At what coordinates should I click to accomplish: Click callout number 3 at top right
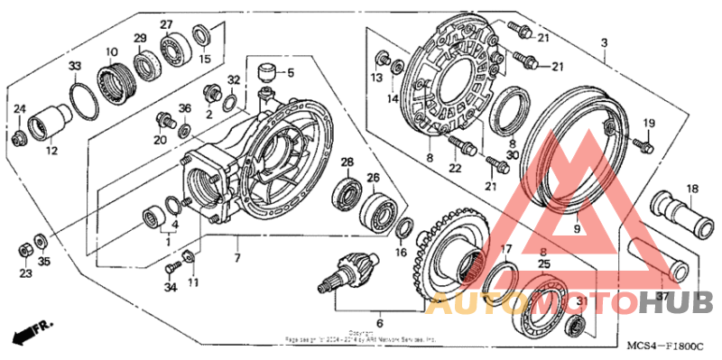[x=604, y=42]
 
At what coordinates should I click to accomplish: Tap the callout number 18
[x=692, y=189]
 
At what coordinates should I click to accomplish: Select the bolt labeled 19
[x=644, y=143]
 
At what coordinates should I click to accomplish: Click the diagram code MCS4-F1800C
[x=666, y=345]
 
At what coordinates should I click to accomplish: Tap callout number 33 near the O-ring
[x=75, y=67]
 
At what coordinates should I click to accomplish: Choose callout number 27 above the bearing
[x=166, y=24]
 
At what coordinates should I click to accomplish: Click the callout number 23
[x=24, y=273]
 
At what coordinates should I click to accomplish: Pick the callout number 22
[x=455, y=168]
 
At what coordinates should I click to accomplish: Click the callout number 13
[x=377, y=79]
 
